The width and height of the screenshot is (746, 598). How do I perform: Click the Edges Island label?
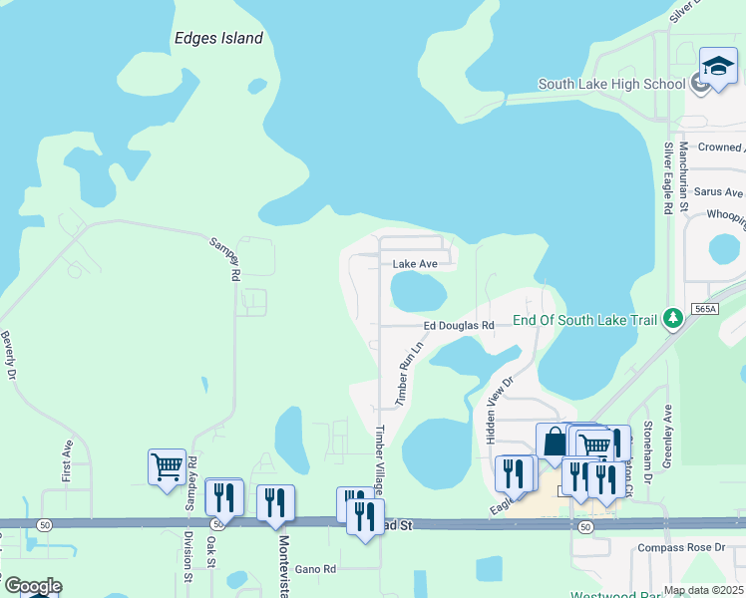point(217,39)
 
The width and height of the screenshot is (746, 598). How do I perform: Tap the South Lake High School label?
point(611,84)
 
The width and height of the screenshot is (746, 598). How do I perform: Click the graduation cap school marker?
point(717,67)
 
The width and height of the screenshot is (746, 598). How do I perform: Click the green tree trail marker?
point(675,318)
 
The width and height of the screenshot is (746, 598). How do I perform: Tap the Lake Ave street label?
point(415,264)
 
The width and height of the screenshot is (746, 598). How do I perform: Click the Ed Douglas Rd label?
point(459,326)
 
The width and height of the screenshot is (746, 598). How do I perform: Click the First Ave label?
point(67,465)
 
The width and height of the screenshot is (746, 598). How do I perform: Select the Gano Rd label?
point(315,569)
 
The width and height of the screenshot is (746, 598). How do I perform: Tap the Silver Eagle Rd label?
point(667,177)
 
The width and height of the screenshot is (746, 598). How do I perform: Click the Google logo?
point(32,585)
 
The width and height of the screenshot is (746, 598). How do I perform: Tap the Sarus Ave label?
point(718,192)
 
